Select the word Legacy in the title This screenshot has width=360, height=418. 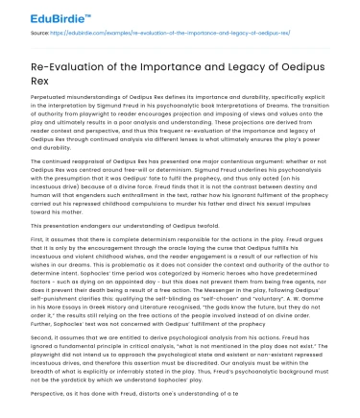[264, 65]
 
